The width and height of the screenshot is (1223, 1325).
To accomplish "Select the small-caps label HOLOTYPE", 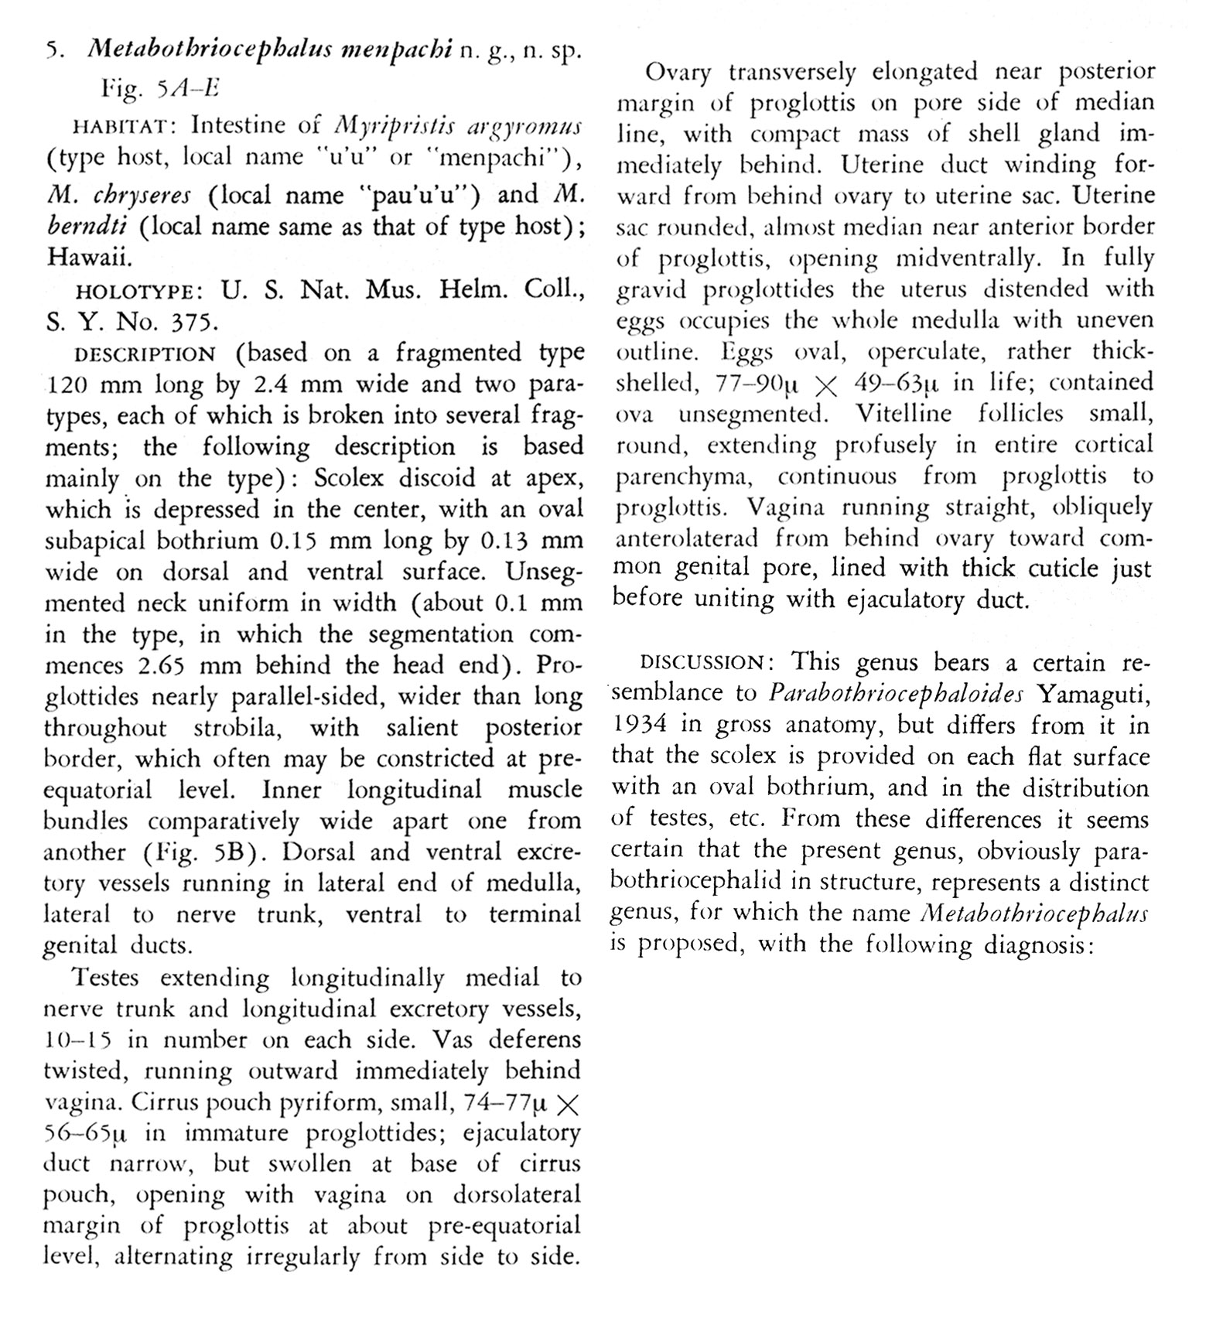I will tap(137, 292).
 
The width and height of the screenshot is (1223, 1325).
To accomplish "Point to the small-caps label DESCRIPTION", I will tap(144, 355).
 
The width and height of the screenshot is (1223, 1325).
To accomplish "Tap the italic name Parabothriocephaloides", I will tap(896, 693).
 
